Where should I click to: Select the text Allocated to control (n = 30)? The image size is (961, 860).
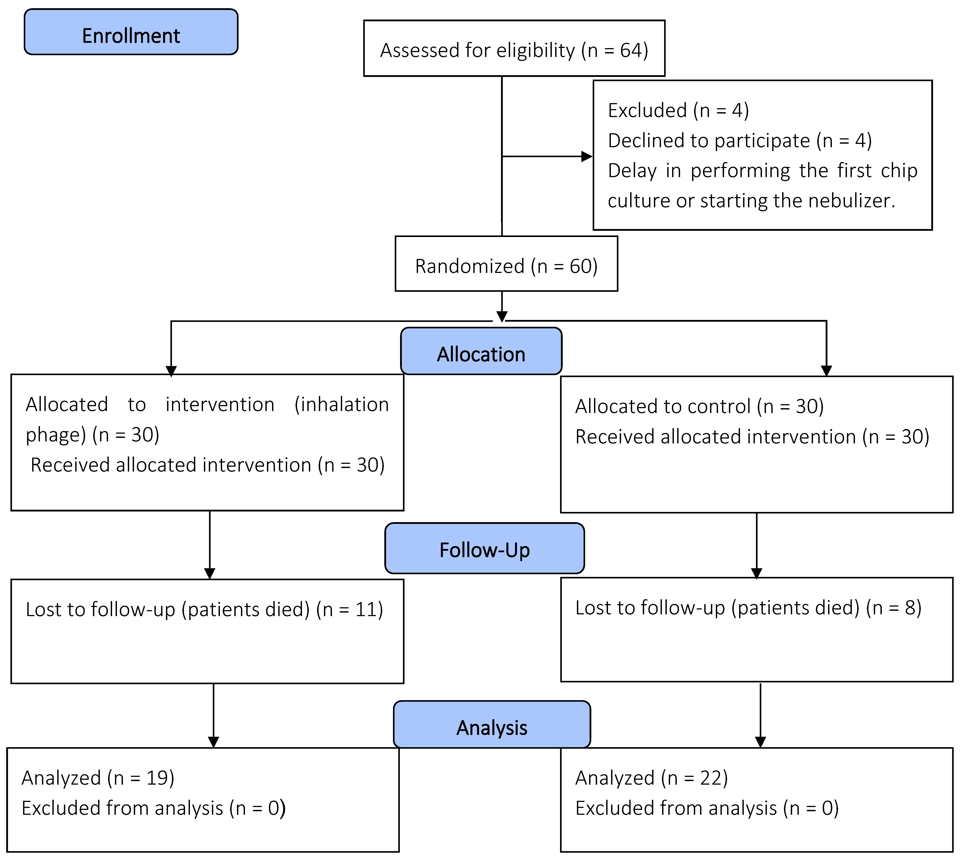(699, 406)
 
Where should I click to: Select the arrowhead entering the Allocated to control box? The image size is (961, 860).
(826, 370)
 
